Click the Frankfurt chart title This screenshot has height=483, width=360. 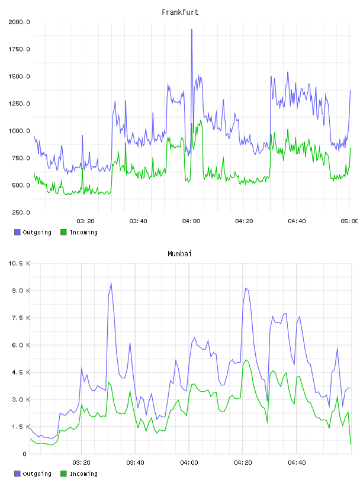(x=180, y=12)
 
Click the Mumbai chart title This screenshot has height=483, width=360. (x=179, y=254)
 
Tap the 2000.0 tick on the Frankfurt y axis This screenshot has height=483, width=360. (x=19, y=22)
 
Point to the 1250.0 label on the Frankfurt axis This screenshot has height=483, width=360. (x=19, y=104)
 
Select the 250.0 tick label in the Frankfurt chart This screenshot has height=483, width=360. (x=21, y=212)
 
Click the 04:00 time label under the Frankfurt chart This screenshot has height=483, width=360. (x=191, y=221)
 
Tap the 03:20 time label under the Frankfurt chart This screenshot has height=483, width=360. (x=85, y=221)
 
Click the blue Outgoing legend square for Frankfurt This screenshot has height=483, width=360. (x=17, y=232)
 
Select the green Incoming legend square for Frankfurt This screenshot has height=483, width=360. (x=63, y=232)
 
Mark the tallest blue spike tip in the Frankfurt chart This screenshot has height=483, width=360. (x=192, y=30)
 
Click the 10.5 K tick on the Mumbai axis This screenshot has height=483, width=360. (x=19, y=263)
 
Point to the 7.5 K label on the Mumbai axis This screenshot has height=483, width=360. (x=21, y=318)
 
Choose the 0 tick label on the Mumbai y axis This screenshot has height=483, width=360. (x=24, y=454)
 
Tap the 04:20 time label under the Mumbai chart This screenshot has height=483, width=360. (x=243, y=463)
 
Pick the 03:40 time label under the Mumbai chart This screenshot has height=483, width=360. (x=135, y=463)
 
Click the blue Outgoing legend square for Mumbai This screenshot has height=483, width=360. (x=17, y=474)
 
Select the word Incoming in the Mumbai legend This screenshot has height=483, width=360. (x=83, y=474)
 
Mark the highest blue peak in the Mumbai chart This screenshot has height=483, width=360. (x=111, y=284)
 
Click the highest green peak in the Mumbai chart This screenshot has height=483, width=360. (x=246, y=360)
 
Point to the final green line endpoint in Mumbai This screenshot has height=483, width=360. (x=351, y=444)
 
